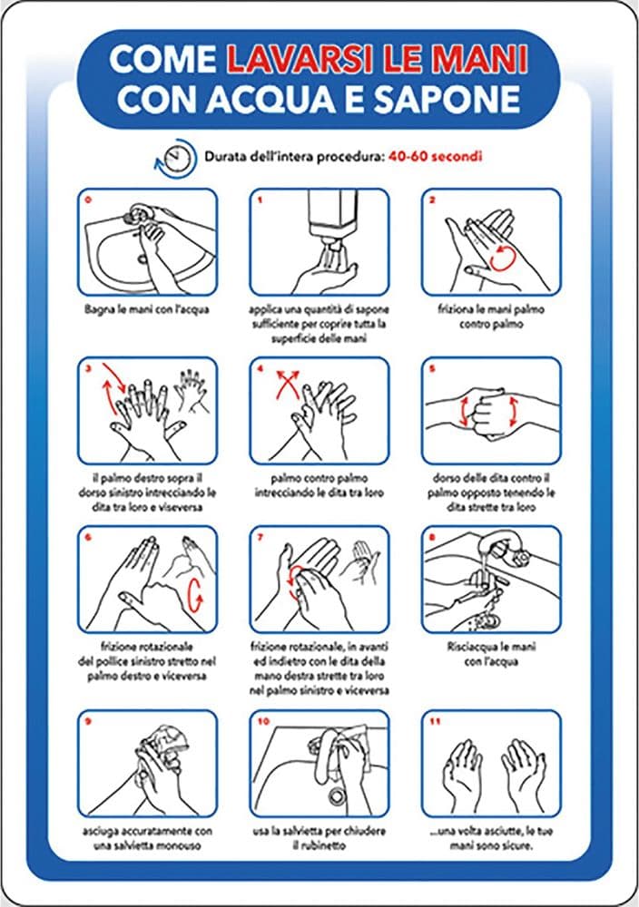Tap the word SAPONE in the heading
[x=447, y=99]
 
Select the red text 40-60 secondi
[x=436, y=156]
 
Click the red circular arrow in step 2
[x=501, y=258]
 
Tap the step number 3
[x=89, y=368]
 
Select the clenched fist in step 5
[x=490, y=414]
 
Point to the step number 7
[x=261, y=537]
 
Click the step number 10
[x=263, y=721]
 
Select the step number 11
[x=436, y=721]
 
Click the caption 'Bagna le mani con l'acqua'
[x=147, y=309]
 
